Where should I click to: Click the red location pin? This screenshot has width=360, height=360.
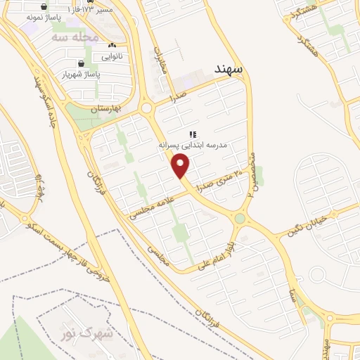[181, 166]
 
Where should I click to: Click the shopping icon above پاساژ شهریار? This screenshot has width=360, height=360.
[82, 63]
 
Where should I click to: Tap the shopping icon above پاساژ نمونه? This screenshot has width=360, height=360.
[32, 4]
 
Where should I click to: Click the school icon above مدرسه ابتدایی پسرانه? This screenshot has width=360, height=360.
[193, 134]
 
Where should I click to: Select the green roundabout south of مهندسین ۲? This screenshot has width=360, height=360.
[239, 219]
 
